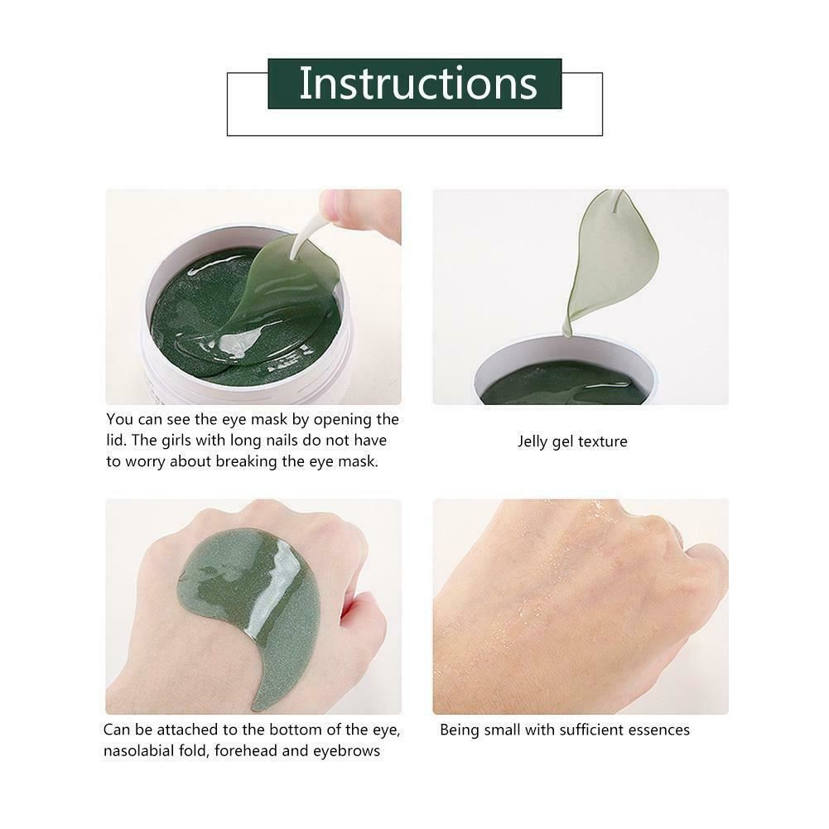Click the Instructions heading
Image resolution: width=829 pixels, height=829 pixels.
pos(417,84)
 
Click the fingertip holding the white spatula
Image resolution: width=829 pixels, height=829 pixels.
pos(344,209)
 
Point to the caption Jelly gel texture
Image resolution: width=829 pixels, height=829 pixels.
pos(572,441)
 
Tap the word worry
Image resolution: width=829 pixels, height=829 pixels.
pos(144,461)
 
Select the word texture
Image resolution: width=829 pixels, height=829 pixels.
pos(602,441)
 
